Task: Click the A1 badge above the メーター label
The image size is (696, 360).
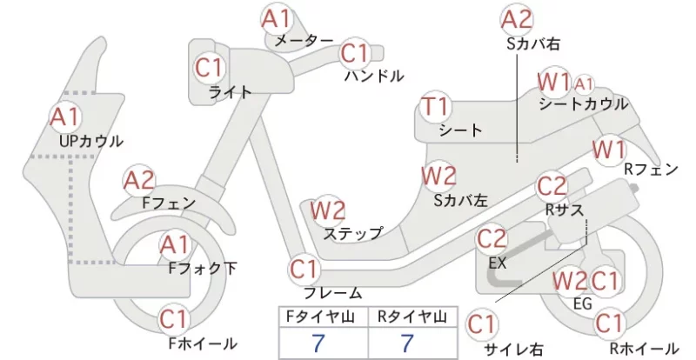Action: coord(276,19)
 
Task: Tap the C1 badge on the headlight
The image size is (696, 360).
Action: coord(209,68)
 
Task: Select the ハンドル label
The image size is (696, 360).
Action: coord(375,76)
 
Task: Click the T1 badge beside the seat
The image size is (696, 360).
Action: coord(436,107)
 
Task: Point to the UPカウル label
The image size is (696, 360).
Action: coord(91,142)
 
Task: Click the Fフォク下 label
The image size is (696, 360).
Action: coord(203,268)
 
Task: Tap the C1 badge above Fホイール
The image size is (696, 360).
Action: coord(175,320)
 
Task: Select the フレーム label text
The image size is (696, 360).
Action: coord(333,293)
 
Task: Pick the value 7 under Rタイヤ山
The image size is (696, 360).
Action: coord(407,343)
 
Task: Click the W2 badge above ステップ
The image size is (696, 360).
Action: coord(328,210)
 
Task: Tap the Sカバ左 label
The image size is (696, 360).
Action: coord(461,201)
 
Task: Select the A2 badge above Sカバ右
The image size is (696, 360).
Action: coord(516,20)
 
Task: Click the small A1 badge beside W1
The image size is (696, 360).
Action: coord(584,83)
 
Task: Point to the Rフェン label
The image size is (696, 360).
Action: coord(651,169)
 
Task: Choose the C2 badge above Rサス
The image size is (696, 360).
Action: coord(552,187)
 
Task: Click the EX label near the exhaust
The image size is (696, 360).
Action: coord(497,263)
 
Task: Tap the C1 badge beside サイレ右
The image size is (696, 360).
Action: coord(482,325)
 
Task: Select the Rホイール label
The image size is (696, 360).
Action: coord(644,349)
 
